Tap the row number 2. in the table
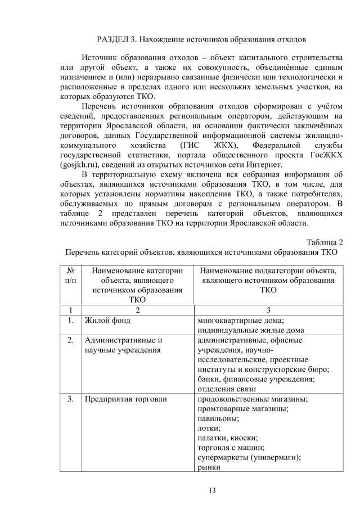[x=71, y=340]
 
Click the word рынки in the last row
[x=209, y=467]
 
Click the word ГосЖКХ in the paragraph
[x=325, y=154]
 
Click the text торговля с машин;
[x=231, y=448]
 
